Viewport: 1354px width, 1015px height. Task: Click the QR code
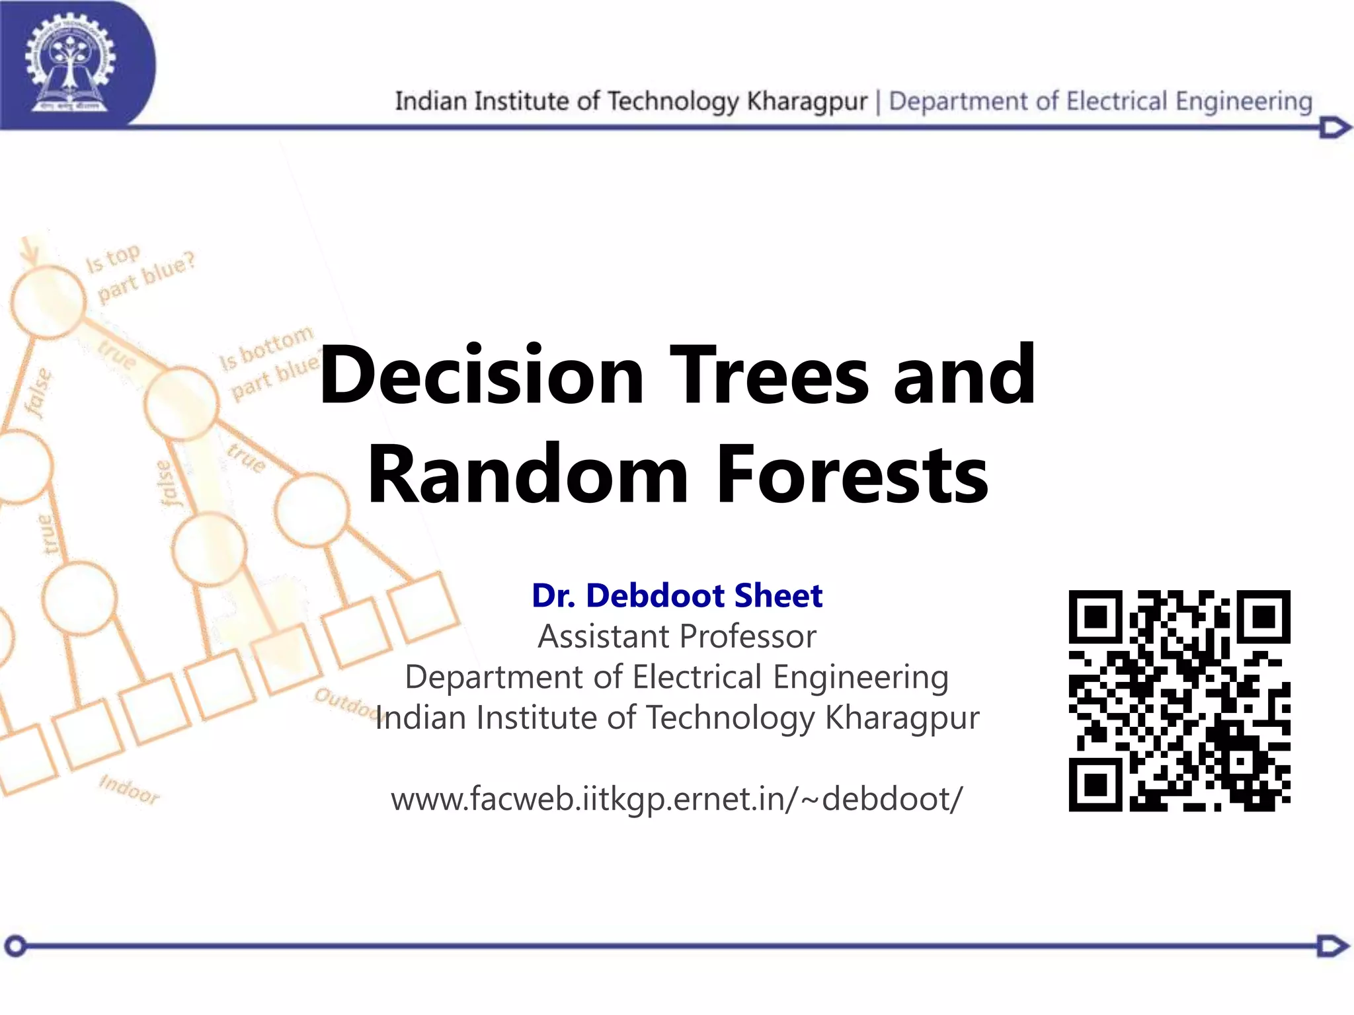[1179, 700]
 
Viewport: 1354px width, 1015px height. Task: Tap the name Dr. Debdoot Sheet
[677, 595]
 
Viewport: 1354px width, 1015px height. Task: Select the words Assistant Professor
[677, 636]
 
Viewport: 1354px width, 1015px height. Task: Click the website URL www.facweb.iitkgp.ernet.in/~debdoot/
[677, 799]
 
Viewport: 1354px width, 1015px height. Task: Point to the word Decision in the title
[481, 375]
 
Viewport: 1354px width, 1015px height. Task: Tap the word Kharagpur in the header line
[807, 101]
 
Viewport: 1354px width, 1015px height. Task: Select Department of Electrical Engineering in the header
[1100, 101]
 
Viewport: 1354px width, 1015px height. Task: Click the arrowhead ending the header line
[1334, 128]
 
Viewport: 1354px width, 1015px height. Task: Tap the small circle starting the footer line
[16, 946]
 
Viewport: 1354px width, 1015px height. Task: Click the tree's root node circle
[48, 301]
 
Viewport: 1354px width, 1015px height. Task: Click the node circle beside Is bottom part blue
[181, 403]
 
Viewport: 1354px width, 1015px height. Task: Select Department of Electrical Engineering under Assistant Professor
[677, 677]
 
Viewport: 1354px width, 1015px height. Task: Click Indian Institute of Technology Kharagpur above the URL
[677, 718]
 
